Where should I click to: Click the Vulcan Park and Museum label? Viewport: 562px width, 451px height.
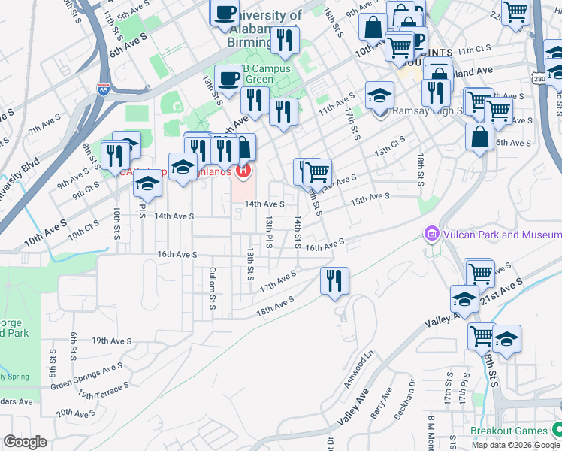[501, 235]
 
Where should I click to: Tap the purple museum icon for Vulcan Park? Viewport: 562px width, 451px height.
[431, 235]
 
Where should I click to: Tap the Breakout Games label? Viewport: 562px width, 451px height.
[509, 431]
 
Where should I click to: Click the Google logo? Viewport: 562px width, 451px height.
[25, 442]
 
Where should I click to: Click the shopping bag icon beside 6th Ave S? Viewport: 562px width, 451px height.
[479, 137]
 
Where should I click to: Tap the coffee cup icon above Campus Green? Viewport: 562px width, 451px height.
[228, 78]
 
